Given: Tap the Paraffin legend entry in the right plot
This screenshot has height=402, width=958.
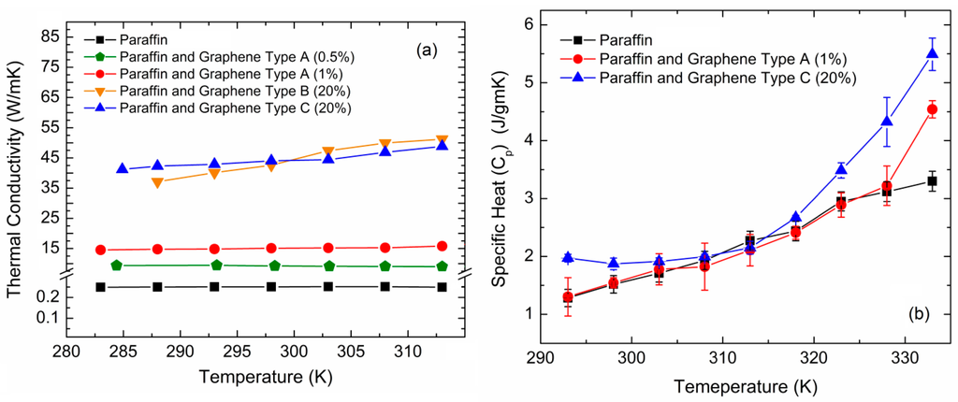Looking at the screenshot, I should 630,41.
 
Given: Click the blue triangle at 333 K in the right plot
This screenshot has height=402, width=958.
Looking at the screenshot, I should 932,53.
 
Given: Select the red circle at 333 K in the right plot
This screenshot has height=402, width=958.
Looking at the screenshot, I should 932,109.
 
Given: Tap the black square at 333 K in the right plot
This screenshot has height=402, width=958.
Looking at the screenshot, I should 932,181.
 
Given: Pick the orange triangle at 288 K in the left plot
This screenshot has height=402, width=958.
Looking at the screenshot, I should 157,182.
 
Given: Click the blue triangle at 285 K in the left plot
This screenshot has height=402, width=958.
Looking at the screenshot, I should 123,169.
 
